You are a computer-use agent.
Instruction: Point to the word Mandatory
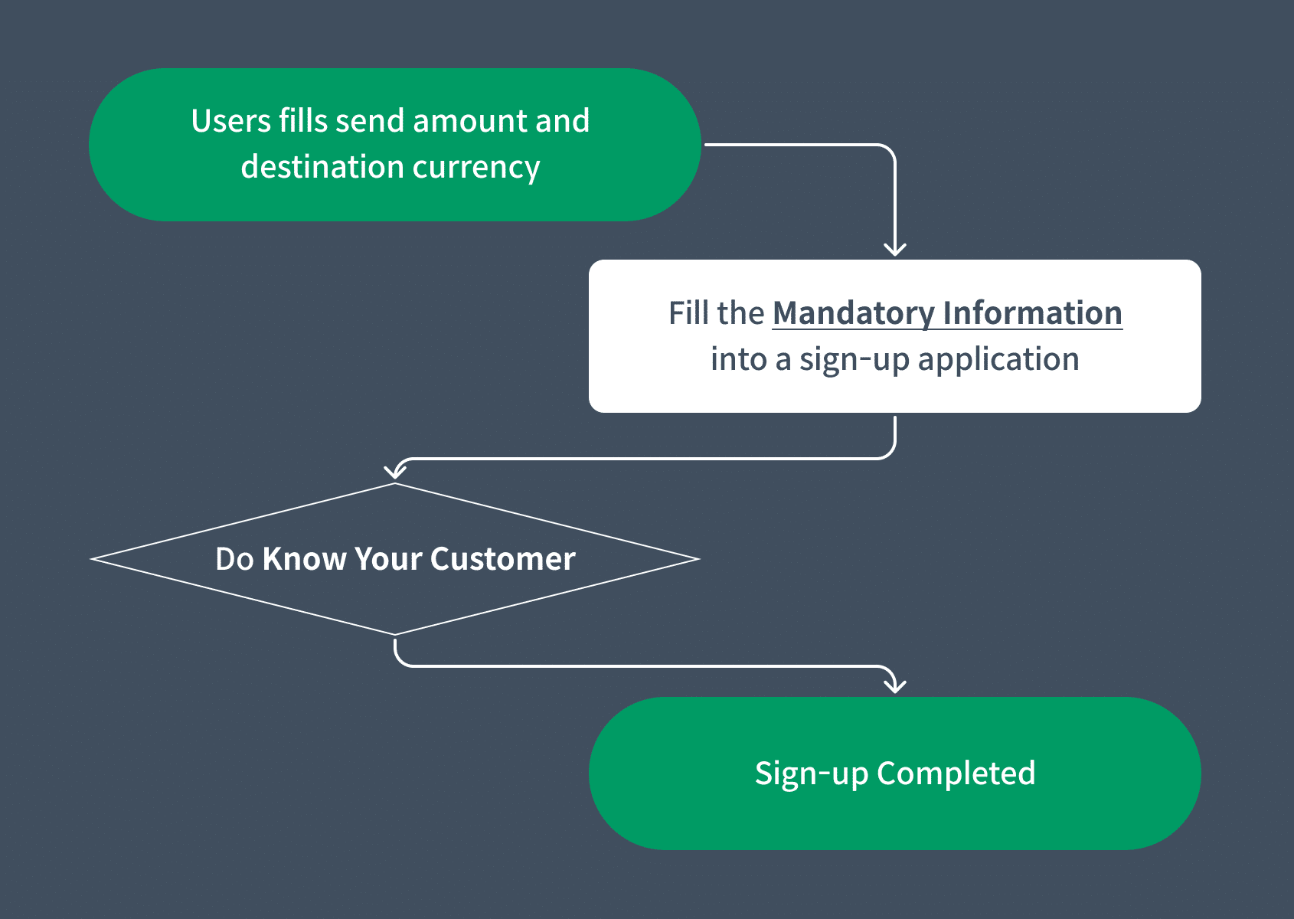[853, 314]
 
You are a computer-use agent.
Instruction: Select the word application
[998, 360]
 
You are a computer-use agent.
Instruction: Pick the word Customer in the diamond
[502, 559]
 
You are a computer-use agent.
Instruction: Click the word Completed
[956, 773]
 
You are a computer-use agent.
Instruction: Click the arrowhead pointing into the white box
[895, 249]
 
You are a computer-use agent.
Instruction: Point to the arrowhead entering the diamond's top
[395, 470]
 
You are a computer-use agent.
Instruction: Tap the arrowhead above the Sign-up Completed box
[895, 685]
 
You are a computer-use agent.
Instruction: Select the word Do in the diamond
[234, 559]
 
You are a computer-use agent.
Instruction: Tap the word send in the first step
[370, 121]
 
